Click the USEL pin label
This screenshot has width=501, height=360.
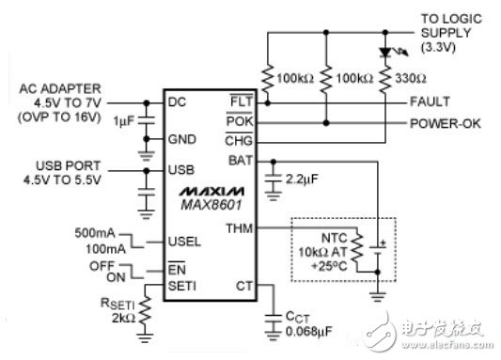[180, 242]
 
